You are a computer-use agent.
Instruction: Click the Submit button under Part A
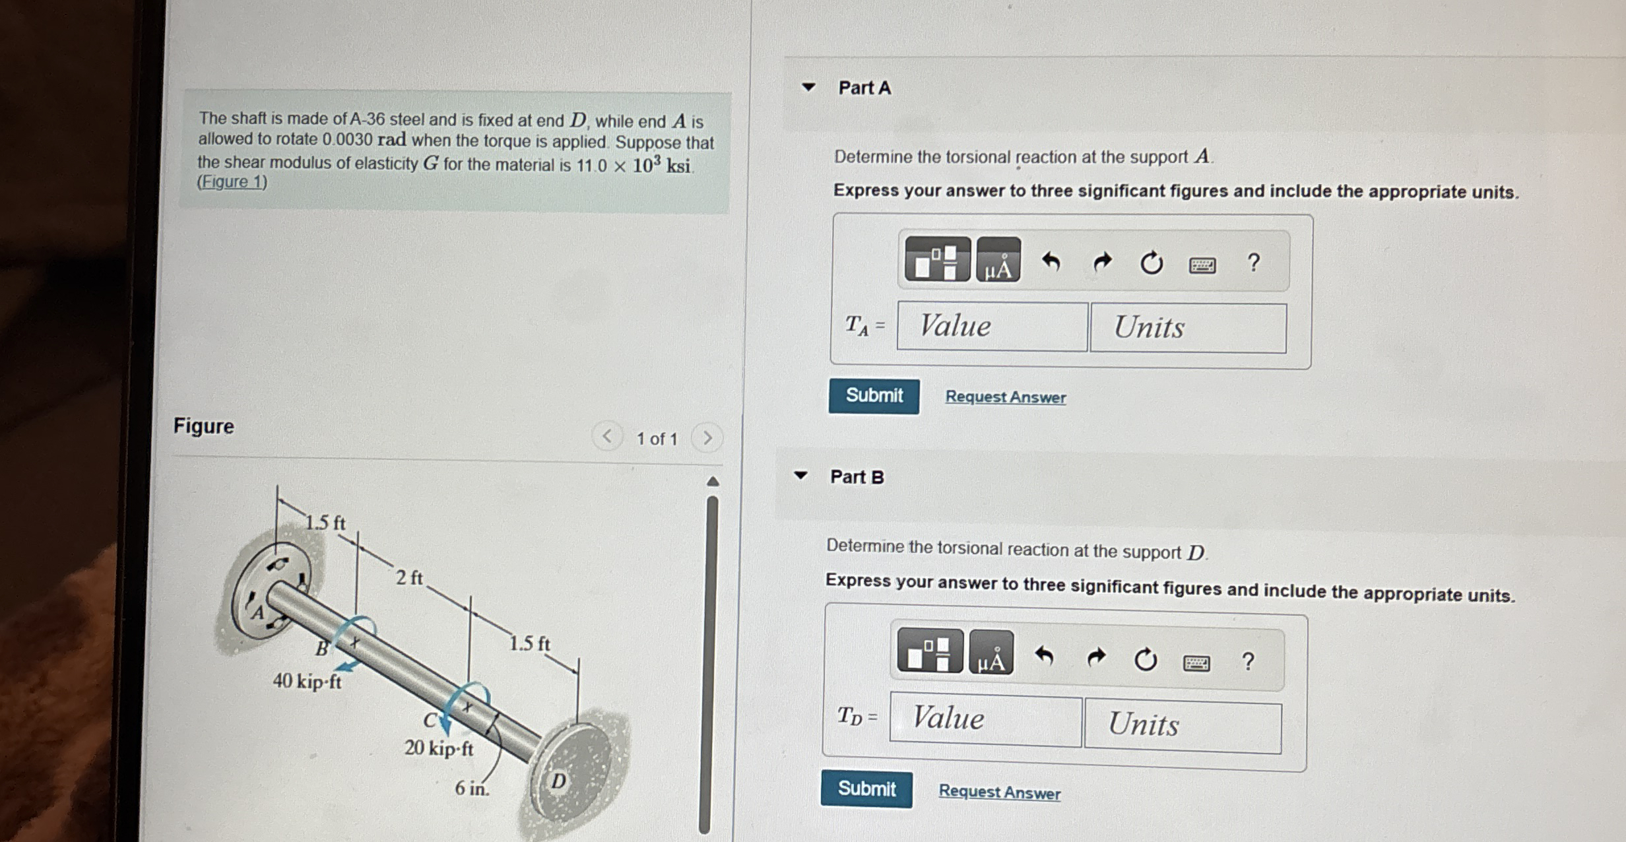tap(874, 396)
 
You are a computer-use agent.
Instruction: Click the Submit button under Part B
tap(866, 789)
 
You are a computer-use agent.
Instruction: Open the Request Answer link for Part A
tap(1006, 397)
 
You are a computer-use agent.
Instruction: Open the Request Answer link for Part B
tap(999, 791)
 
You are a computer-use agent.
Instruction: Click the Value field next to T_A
tap(992, 327)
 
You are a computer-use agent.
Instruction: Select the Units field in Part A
tap(1188, 328)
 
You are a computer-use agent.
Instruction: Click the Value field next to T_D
tap(985, 719)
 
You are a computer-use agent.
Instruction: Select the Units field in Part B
tap(1183, 727)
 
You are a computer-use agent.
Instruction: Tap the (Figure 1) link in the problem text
tap(232, 182)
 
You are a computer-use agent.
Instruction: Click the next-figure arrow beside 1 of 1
tap(707, 438)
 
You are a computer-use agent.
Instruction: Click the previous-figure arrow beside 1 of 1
tap(607, 436)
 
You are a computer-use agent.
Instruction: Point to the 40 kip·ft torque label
tap(308, 681)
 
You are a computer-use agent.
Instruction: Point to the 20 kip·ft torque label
tap(439, 748)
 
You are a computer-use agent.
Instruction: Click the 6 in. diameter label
tap(472, 788)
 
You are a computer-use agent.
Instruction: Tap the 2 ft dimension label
tap(409, 578)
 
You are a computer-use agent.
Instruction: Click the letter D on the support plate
tap(558, 781)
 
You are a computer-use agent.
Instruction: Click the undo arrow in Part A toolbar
tap(1051, 263)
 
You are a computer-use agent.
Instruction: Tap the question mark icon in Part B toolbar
tap(1247, 661)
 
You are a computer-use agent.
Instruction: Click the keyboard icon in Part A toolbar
tap(1202, 265)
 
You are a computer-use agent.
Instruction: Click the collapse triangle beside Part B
tap(800, 475)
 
